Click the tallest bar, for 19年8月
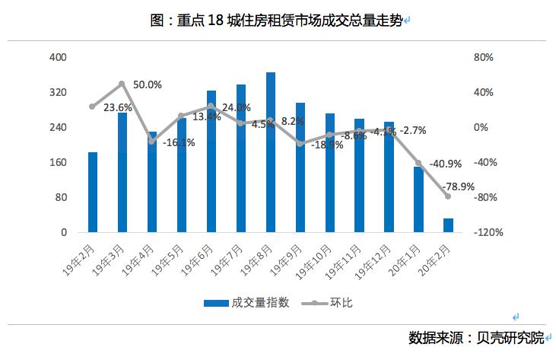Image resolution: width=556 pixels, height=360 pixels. pos(270,152)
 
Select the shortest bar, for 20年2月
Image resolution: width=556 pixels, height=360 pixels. pos(448,225)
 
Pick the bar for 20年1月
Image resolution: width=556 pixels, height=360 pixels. pos(418,199)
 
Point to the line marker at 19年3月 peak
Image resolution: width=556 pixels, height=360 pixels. pos(122,84)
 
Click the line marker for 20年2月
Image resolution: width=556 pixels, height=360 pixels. pos(448,196)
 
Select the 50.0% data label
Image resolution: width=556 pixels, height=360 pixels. pos(147,84)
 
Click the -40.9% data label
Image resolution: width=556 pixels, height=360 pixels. pos(445,163)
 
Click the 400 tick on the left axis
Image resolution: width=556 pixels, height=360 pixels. pos(59,57)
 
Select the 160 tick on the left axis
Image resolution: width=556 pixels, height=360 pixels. pos(59,162)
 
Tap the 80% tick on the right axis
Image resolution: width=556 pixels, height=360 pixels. pos(485,57)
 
